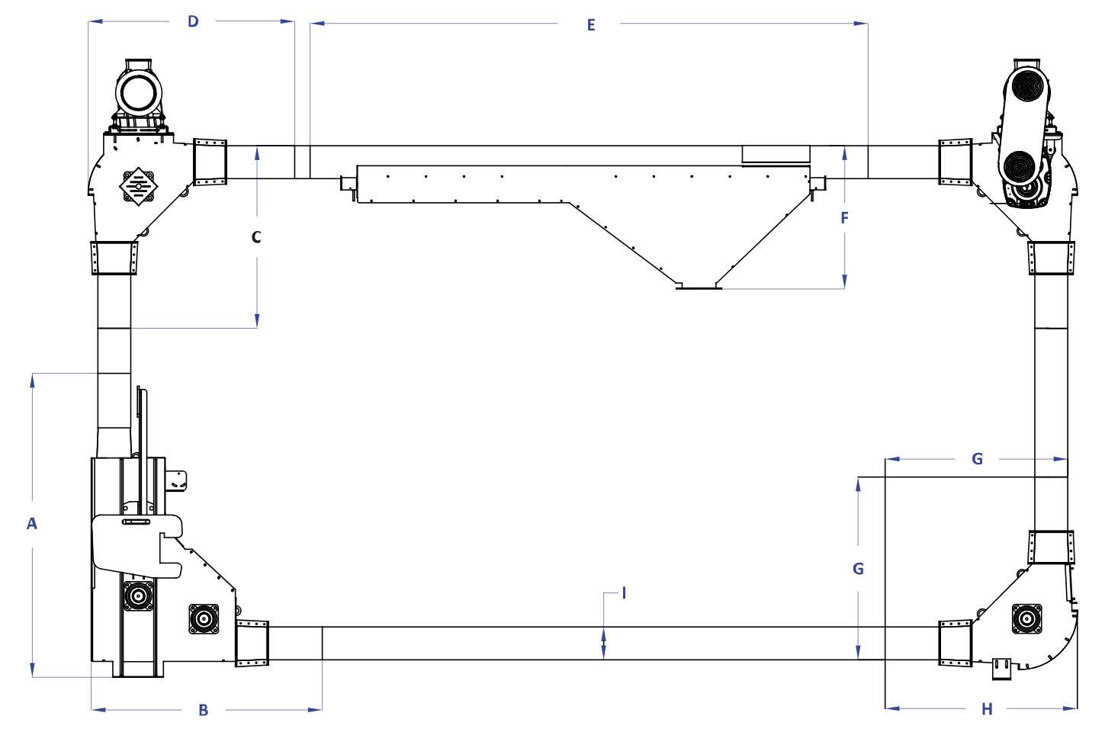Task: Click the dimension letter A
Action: pyautogui.click(x=31, y=523)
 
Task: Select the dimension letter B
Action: pyautogui.click(x=204, y=711)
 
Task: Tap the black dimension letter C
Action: pyautogui.click(x=256, y=237)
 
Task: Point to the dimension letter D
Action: pyautogui.click(x=193, y=21)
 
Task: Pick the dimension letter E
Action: pyautogui.click(x=591, y=24)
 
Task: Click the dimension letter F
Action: pyautogui.click(x=844, y=217)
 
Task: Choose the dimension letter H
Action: pyautogui.click(x=987, y=709)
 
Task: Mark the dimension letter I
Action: pyautogui.click(x=624, y=593)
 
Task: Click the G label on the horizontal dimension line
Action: pyautogui.click(x=977, y=459)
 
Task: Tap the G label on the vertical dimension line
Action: pyautogui.click(x=859, y=569)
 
